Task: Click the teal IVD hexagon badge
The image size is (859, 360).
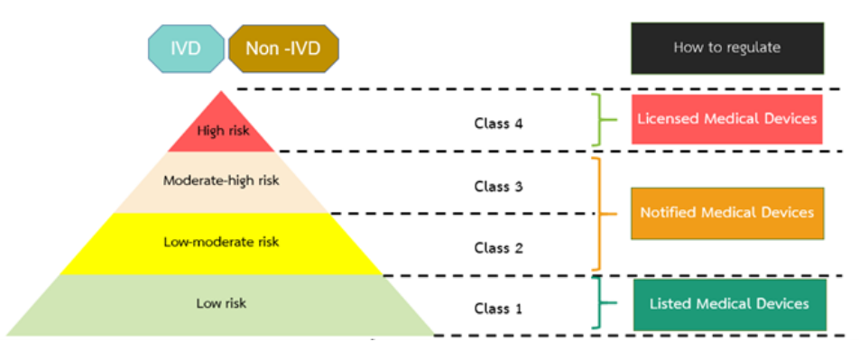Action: (186, 49)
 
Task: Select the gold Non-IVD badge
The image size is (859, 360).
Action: (284, 49)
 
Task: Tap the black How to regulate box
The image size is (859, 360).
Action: (726, 48)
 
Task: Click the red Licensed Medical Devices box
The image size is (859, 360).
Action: (726, 118)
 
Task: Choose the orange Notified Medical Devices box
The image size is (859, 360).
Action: (726, 213)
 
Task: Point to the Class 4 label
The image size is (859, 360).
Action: (498, 123)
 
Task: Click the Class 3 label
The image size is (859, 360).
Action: (498, 187)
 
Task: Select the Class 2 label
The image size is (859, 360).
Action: (498, 247)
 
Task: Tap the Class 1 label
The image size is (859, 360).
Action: (498, 309)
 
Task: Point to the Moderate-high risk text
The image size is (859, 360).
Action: (221, 180)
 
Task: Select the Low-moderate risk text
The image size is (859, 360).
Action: (221, 242)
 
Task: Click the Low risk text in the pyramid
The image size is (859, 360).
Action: (221, 303)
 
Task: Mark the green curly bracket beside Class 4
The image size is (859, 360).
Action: (598, 118)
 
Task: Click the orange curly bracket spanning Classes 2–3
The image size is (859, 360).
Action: (598, 214)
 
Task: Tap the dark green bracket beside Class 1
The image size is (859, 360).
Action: (598, 303)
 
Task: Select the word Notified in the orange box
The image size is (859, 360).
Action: (669, 213)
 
